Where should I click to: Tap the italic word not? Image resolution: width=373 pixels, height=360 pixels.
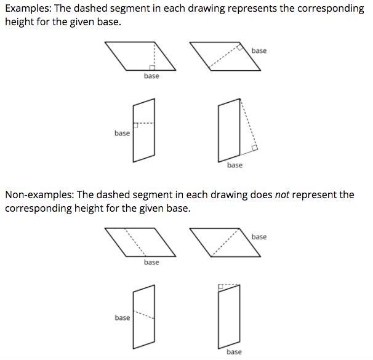click(282, 195)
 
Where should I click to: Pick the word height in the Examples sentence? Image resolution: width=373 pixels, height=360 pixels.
click(19, 22)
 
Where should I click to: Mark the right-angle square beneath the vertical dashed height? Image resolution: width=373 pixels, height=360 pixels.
click(152, 68)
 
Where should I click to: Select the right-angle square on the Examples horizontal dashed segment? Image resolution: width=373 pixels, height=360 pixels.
click(135, 126)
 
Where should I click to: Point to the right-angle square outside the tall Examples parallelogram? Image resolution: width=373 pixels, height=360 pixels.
click(254, 148)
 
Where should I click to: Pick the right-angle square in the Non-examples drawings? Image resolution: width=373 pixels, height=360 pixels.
click(221, 287)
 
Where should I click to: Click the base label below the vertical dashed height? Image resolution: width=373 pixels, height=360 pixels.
click(151, 76)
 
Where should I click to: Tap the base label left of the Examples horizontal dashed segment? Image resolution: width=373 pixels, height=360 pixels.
click(122, 133)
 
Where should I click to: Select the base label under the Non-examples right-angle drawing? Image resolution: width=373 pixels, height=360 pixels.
click(234, 352)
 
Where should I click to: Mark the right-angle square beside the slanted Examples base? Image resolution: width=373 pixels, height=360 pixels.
click(240, 47)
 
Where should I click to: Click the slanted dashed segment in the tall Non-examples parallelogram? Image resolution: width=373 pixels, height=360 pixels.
click(144, 314)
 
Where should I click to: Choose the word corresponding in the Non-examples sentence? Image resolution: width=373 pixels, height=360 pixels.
click(38, 209)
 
